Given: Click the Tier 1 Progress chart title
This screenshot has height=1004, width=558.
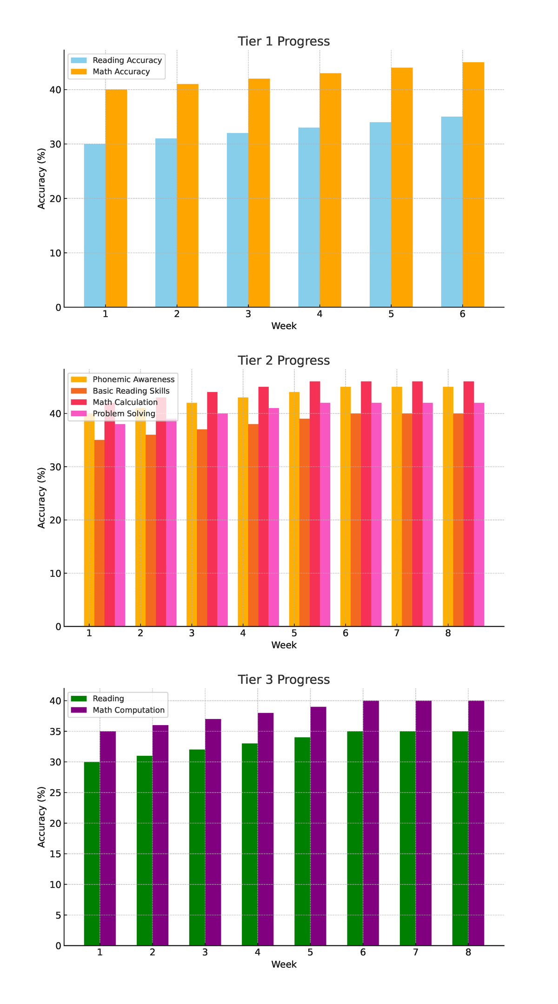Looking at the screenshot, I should (284, 41).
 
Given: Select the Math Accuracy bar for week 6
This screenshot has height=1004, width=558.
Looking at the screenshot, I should (473, 186).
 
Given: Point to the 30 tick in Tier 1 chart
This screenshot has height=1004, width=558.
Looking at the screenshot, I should (55, 144).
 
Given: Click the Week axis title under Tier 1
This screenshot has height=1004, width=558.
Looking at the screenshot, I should (284, 326).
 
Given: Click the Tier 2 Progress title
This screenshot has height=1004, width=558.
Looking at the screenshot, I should (284, 361).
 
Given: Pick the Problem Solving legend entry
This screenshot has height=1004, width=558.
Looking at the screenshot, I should (124, 414).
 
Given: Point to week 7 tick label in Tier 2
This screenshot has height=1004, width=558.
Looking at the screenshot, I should (397, 633).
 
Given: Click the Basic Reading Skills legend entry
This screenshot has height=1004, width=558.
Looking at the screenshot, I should (131, 391).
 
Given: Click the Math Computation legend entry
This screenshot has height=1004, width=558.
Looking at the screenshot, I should (128, 710).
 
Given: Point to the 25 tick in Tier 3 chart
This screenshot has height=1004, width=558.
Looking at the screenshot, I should (55, 793).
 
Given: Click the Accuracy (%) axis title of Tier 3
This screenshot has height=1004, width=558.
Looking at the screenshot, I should (42, 817).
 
